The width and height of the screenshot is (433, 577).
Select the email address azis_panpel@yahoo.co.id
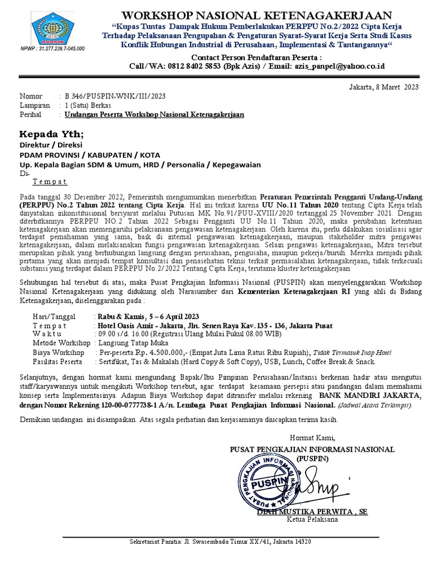pos(342,66)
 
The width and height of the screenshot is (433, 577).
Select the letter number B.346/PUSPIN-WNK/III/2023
pos(115,96)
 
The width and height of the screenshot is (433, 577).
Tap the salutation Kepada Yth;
pos(51,134)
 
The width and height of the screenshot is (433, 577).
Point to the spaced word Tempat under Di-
pos(50,182)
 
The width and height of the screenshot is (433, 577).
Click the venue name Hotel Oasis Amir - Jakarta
pos(140,326)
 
